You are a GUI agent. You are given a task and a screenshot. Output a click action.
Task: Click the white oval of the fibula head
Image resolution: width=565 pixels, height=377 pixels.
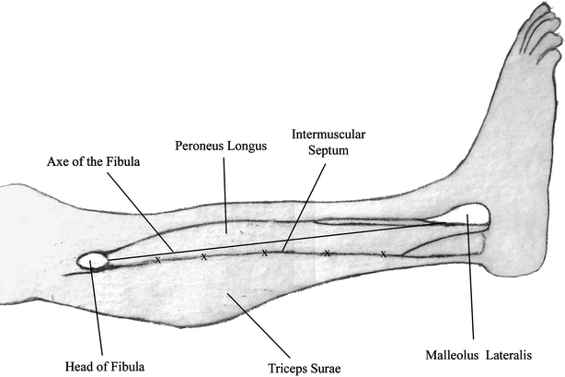(x=93, y=262)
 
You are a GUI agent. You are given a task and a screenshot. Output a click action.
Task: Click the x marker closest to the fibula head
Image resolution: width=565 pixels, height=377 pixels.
(x=157, y=260)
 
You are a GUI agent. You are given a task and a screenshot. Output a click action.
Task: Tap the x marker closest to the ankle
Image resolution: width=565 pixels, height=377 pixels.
(x=383, y=253)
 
